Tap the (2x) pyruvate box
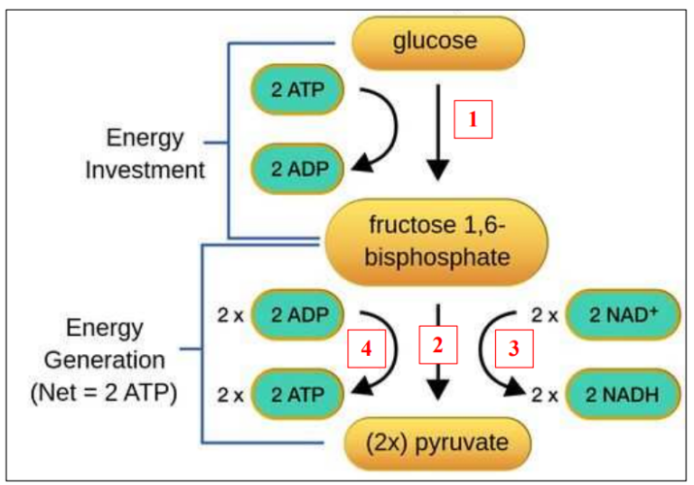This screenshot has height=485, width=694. pos(437,443)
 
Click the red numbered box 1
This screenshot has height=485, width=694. pos(473,118)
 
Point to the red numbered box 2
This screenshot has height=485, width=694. pos(438,344)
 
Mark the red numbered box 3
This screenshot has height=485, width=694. pos(513,350)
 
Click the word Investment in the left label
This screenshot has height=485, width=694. pos(145,170)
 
